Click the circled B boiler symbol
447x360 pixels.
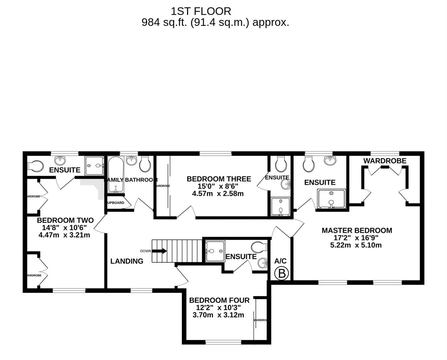pos(282,274)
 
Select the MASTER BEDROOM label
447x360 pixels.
pos(357,230)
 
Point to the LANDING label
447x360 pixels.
pos(127,261)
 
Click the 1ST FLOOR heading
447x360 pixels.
pos(201,11)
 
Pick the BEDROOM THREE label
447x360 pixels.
pos(219,179)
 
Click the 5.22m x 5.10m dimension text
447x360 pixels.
pos(356,245)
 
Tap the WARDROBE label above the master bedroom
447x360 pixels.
pos(385,161)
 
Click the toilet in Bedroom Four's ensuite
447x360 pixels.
pos(259,247)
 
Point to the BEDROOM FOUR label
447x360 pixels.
pos(219,300)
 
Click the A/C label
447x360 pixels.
pos(280,261)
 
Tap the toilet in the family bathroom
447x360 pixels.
pos(145,164)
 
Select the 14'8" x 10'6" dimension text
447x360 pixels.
pos(64,228)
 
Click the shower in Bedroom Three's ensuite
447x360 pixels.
pos(280,207)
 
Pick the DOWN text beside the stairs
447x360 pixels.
pos(145,251)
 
